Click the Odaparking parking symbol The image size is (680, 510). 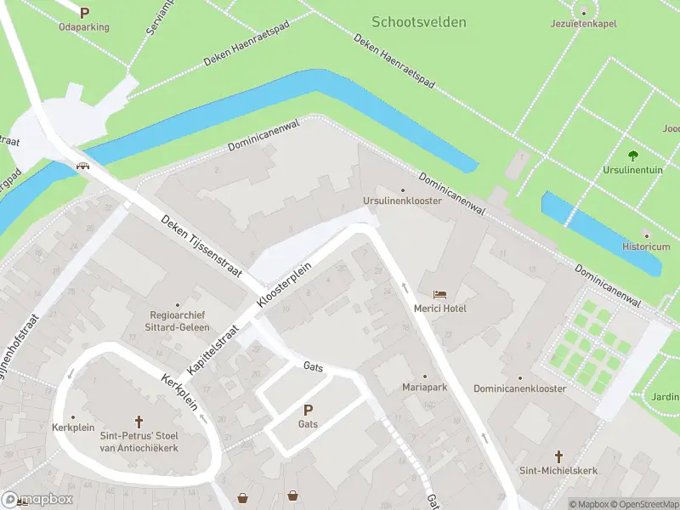tap(84, 13)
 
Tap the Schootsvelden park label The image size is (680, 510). tap(419, 22)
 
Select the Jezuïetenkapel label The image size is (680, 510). tap(583, 23)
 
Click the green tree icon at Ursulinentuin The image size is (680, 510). tap(632, 155)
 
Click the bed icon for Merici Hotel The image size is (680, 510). tap(439, 293)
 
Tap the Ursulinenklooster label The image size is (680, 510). tap(402, 201)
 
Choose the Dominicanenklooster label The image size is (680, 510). tap(520, 388)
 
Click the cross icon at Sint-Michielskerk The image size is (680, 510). tap(559, 456)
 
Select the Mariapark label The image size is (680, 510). tap(425, 387)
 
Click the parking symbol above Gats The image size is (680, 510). tap(308, 409)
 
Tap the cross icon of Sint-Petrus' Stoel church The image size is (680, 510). tap(139, 421)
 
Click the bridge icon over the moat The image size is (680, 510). tap(84, 166)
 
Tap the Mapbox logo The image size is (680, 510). tap(37, 500)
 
